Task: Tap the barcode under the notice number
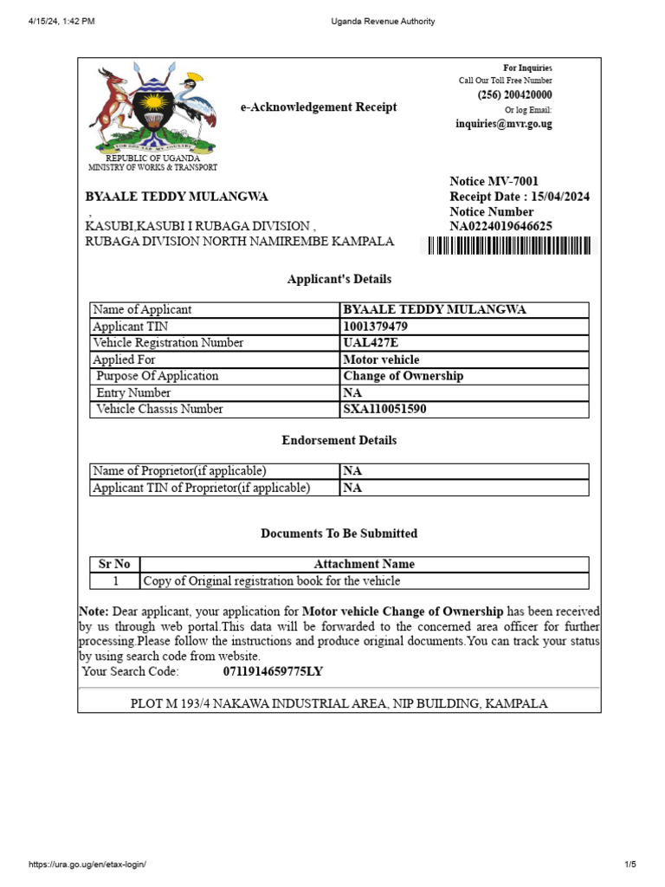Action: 509,247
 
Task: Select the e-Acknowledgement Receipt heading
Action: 319,107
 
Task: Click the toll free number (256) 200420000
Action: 514,95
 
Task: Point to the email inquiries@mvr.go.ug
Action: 504,124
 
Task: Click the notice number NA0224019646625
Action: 501,227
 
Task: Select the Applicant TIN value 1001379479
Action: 376,327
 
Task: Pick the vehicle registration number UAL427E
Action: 370,343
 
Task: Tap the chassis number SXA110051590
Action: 384,410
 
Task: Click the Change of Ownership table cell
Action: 404,376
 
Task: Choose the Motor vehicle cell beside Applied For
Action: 381,359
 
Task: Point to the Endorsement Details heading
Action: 339,440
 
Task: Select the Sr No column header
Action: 115,564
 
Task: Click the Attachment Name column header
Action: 364,564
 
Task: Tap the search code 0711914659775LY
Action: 273,671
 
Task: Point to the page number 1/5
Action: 629,864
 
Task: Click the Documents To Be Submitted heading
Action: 339,534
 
